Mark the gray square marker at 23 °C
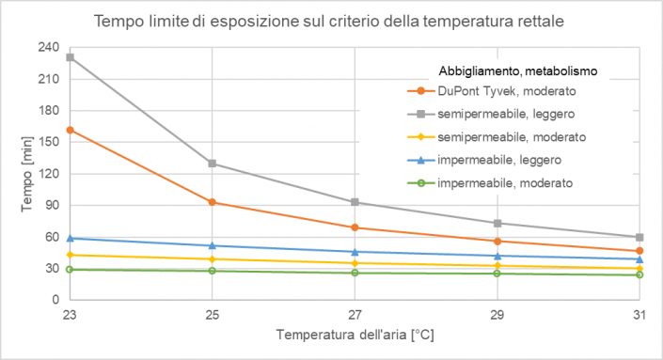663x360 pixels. point(71,57)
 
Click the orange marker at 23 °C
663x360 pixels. point(71,130)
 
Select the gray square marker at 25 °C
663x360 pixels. point(213,164)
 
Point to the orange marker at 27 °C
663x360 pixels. point(355,227)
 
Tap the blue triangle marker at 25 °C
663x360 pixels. point(213,245)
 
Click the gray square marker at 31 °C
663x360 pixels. point(639,237)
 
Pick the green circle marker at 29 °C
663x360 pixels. point(497,273)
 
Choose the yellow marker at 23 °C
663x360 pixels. point(71,255)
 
